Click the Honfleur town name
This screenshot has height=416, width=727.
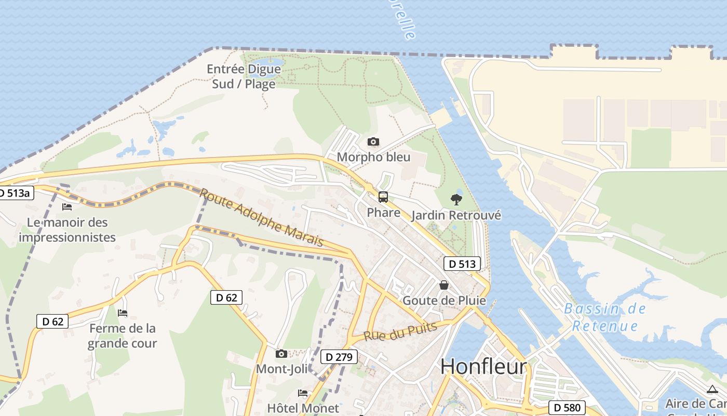pos(483,367)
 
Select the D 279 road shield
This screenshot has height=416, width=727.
pos(339,357)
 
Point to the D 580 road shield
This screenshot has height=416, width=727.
pos(568,408)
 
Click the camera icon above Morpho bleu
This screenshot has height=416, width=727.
pos(373,141)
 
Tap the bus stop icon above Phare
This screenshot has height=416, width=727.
pos(383,197)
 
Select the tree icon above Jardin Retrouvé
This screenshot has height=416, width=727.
pos(456,199)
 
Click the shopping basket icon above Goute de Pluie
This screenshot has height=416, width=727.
pos(444,285)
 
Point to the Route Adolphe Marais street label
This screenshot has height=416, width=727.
pos(261,217)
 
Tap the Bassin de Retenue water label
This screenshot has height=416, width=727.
pos(605,317)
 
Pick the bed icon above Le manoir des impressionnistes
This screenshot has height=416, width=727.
pos(67,207)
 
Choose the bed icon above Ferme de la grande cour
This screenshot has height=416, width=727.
pos(123,313)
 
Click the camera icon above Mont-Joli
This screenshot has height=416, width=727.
pos(281,354)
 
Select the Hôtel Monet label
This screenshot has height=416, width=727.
pos(303,408)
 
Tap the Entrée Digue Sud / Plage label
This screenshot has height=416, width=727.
pos(244,76)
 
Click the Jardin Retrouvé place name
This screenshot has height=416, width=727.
pos(456,215)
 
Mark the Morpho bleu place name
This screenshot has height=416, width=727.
pos(373,157)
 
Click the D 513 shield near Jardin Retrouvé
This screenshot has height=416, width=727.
pos(462,264)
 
